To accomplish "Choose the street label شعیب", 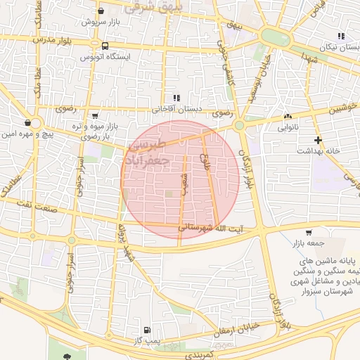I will [185, 179].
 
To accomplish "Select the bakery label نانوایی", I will [288, 128].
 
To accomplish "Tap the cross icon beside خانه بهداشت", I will [319, 140].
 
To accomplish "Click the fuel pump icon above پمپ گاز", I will [146, 330].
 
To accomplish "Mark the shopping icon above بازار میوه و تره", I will [96, 115].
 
